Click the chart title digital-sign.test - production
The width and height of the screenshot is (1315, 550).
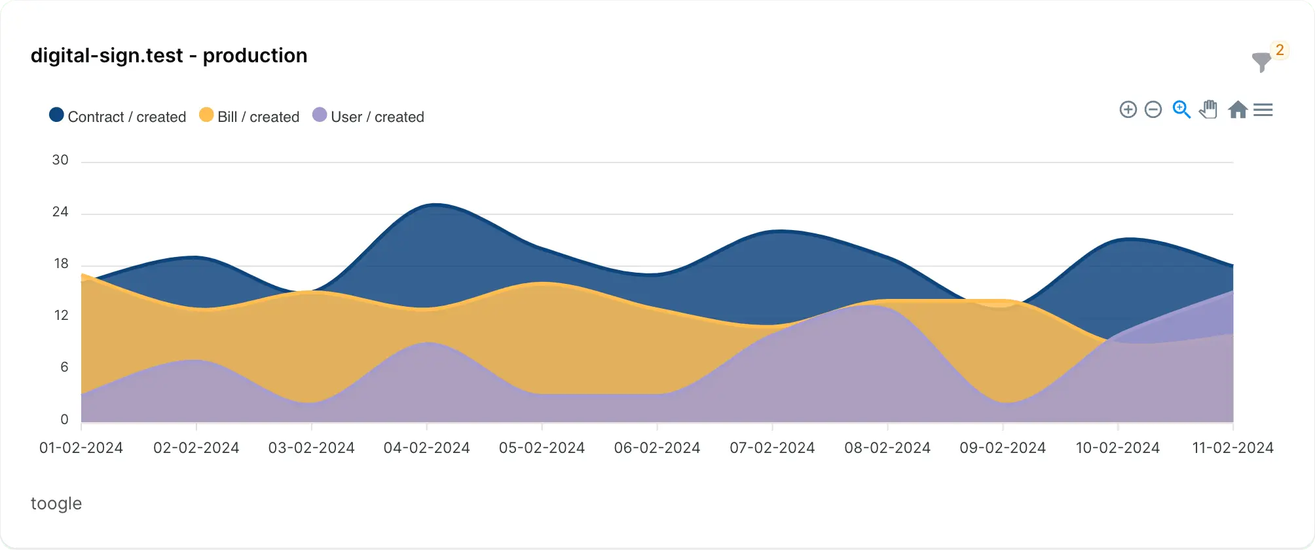coord(169,56)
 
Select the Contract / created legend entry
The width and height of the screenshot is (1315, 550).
coord(118,117)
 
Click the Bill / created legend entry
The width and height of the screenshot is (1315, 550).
coord(250,117)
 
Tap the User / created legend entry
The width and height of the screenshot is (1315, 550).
coord(369,117)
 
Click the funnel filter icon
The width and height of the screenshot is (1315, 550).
coord(1261,62)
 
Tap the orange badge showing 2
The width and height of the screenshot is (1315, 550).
coord(1280,50)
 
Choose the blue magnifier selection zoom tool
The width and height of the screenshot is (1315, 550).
coord(1181,109)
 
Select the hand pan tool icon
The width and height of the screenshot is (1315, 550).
coord(1209,109)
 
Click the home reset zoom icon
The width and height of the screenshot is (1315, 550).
coord(1237,109)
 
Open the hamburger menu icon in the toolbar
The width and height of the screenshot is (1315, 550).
coord(1263,109)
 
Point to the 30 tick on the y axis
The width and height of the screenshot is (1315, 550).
coord(60,160)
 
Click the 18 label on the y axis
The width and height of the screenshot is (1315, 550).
coord(61,264)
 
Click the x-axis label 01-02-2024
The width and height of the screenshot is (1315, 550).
coord(81,448)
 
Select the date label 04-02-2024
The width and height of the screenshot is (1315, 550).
coord(427,448)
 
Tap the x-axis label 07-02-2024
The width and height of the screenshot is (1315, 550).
coord(772,448)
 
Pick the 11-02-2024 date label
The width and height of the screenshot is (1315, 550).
coord(1232,448)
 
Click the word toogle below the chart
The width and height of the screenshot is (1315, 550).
coord(56,503)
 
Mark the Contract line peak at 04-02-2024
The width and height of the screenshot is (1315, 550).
coord(434,205)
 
